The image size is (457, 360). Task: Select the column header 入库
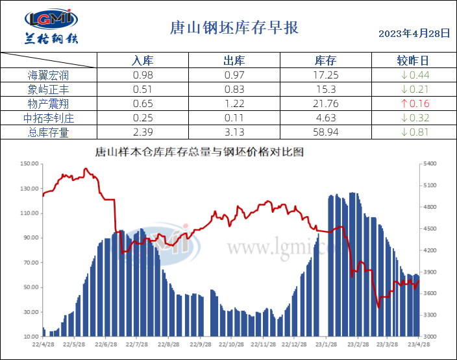click(142, 61)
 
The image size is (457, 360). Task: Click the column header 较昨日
click(413, 61)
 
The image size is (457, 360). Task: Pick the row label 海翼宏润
click(49, 75)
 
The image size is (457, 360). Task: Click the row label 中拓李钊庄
click(49, 118)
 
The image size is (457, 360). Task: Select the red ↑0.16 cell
click(415, 104)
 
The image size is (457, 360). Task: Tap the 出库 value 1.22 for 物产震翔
click(234, 104)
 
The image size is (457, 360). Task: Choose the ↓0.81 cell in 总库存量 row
click(415, 132)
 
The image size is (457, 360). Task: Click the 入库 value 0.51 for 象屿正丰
click(142, 90)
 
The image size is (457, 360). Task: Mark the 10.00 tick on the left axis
click(31, 337)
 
